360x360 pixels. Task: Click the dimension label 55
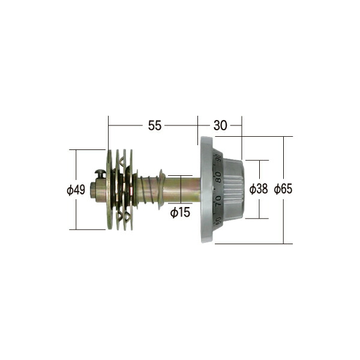155,125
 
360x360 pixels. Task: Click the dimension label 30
220,125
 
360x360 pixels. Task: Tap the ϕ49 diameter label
76,190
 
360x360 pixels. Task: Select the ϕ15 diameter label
180,212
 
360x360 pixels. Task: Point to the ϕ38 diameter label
259,189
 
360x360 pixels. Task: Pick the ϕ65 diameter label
283,189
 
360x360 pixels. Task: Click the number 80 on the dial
219,178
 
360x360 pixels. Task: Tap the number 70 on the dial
218,201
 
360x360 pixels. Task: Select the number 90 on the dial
218,157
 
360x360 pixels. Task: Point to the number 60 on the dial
218,221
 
